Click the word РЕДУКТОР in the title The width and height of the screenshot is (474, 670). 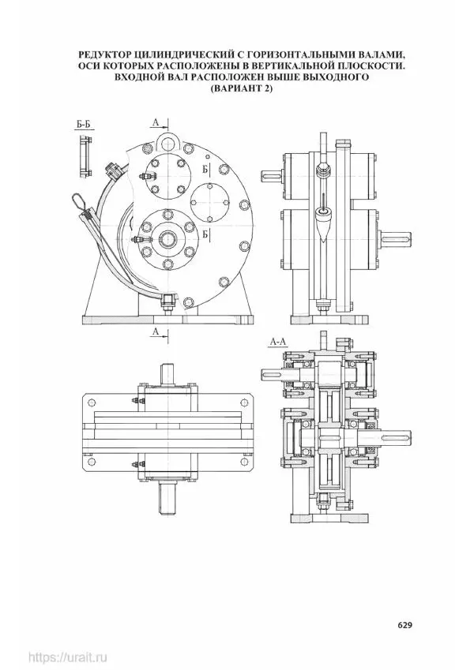point(103,54)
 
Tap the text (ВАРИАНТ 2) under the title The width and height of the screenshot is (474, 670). point(241,89)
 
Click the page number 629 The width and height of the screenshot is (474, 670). point(404,625)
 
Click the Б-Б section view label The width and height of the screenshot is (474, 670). point(83,125)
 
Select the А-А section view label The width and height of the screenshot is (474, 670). point(279,341)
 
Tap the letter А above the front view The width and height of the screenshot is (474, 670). point(156,122)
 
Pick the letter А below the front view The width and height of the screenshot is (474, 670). point(156,331)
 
